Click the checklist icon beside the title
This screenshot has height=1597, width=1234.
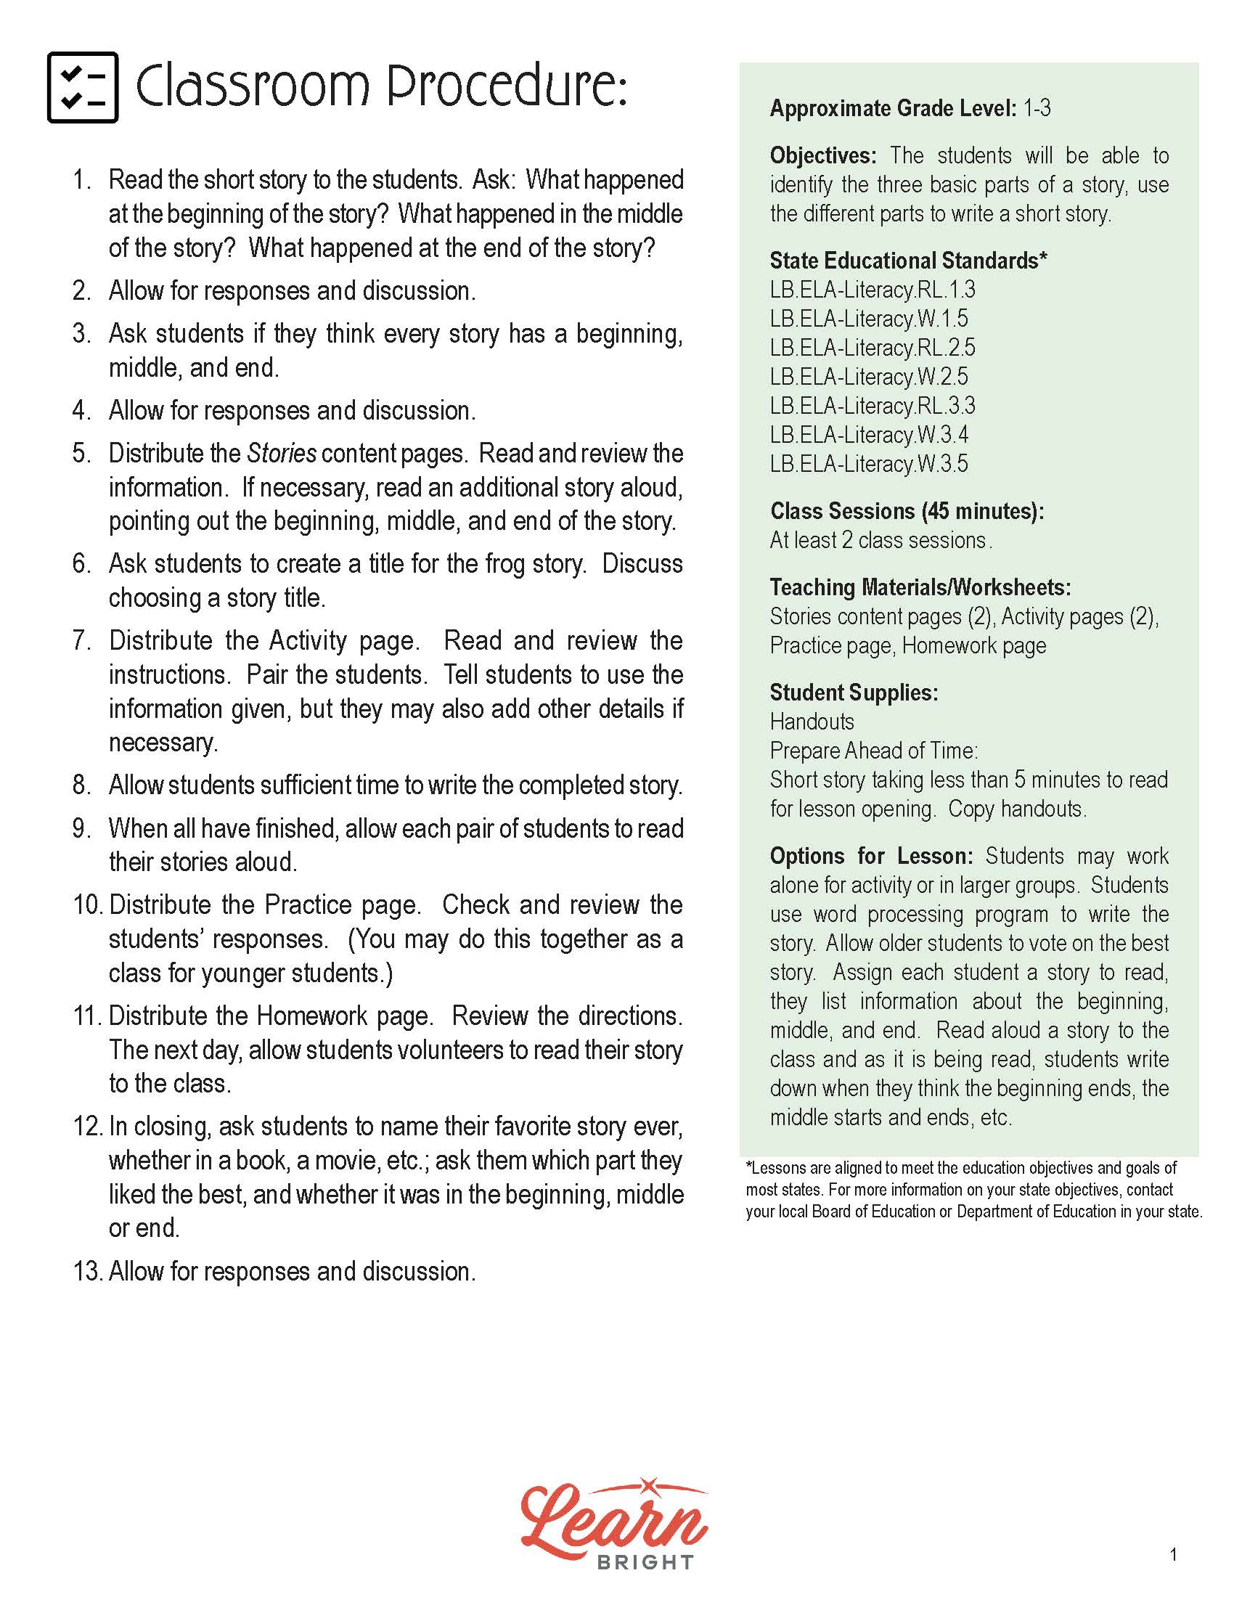(x=83, y=87)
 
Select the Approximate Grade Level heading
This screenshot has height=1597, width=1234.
(x=893, y=108)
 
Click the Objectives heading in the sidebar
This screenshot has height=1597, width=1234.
(x=822, y=156)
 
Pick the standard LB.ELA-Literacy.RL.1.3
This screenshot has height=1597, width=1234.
(x=872, y=290)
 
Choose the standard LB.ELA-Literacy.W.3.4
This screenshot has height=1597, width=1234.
(x=868, y=434)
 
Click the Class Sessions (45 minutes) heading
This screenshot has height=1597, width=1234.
(x=907, y=510)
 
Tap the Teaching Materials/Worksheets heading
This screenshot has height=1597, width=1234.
(x=920, y=587)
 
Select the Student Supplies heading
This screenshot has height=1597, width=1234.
(x=853, y=692)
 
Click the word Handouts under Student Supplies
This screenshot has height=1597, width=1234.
(x=812, y=722)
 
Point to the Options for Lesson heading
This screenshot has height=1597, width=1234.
(x=870, y=856)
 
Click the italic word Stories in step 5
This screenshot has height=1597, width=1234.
(x=282, y=454)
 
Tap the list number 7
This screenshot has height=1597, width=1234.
(x=81, y=640)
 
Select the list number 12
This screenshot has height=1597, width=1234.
(x=87, y=1126)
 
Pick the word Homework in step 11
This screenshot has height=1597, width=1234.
(x=312, y=1016)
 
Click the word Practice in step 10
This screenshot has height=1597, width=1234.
(x=307, y=904)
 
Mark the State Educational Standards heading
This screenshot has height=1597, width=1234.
(x=908, y=261)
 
